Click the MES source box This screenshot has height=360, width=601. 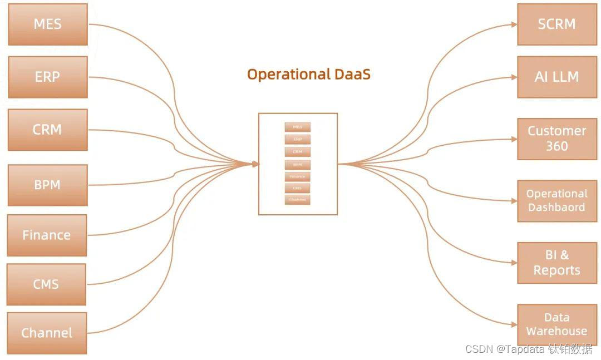pos(48,24)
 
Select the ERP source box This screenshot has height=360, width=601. pos(48,77)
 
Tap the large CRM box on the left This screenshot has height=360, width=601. pos(48,130)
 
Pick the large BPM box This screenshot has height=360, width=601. pos(48,185)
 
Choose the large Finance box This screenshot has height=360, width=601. pos(47,235)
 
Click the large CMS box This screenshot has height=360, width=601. pos(46,284)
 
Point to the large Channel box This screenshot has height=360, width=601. pos(47,333)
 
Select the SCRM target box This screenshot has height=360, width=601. pos(556,24)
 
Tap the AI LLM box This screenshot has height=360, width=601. pos(556,77)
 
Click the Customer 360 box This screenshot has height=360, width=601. pos(556,139)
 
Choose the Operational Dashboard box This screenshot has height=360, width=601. pos(556,200)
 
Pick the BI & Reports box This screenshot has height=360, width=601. pos(556,263)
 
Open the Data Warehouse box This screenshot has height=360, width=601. pos(556,324)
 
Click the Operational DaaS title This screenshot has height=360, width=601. pos(309,74)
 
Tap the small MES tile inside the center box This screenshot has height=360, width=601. pos(298,127)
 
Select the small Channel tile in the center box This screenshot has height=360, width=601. pos(298,200)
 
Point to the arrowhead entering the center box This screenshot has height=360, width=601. pos(255,164)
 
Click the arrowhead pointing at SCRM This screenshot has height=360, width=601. pos(514,24)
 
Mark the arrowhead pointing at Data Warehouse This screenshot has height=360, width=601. pos(514,324)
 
